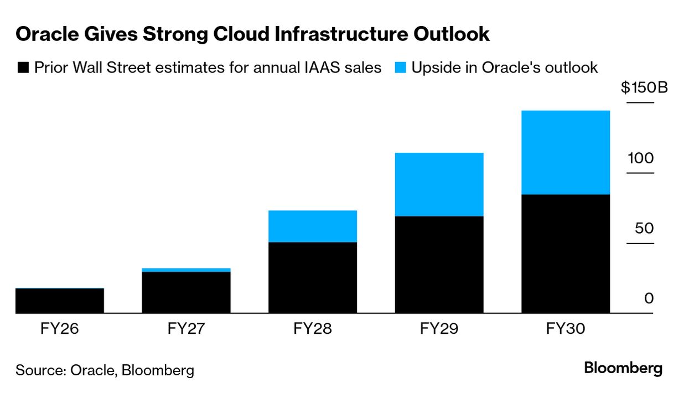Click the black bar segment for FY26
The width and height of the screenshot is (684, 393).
[x=60, y=301]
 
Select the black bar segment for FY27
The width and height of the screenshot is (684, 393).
[x=186, y=292]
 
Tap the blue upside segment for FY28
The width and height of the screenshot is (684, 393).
[x=312, y=226]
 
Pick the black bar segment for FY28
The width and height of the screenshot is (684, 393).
[x=312, y=277]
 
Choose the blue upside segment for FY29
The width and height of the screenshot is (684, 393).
[x=439, y=184]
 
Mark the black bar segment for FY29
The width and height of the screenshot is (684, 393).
[x=439, y=265]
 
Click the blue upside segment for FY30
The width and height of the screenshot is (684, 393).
[x=565, y=153]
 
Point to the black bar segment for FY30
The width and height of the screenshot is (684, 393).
[x=565, y=254]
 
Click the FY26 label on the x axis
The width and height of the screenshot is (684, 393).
[x=60, y=329]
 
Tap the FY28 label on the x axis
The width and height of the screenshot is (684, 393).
[x=312, y=329]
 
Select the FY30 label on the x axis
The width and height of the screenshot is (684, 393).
[x=565, y=329]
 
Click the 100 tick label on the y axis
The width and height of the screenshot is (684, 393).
[x=640, y=158]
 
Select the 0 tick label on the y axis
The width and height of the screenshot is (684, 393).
[x=649, y=298]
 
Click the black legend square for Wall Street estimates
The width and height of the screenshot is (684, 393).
[x=23, y=68]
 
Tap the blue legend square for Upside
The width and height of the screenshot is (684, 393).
[x=401, y=68]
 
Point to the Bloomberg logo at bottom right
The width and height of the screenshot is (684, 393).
[x=623, y=368]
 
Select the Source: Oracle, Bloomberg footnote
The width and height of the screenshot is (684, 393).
[x=105, y=370]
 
